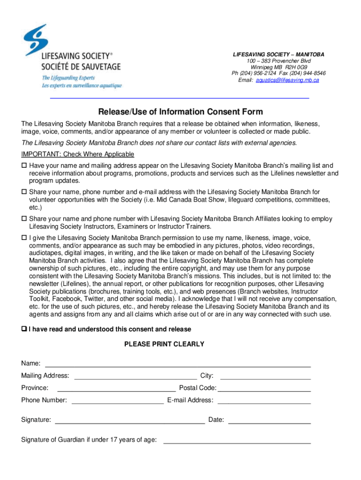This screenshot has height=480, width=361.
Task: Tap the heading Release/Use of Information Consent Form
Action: (x=180, y=112)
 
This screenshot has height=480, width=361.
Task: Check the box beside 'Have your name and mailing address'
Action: (x=24, y=166)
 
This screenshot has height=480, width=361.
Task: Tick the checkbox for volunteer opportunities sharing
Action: (x=24, y=192)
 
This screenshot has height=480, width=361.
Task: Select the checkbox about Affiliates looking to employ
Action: (x=24, y=219)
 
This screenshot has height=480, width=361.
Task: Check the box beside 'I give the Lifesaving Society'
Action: (x=24, y=238)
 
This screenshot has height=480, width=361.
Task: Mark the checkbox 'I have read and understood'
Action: (x=24, y=330)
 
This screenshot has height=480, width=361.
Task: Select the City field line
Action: (x=265, y=376)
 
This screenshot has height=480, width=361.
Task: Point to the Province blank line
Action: (x=116, y=389)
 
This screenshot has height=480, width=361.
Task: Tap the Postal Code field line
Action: (x=264, y=389)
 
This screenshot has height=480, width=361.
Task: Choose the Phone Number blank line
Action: (x=117, y=401)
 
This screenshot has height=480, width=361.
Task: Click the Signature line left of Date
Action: (x=130, y=421)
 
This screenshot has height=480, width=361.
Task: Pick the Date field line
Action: (x=269, y=421)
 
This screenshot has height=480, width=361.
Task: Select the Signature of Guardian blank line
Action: (x=236, y=441)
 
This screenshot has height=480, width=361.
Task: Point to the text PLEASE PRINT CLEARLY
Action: (x=164, y=344)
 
